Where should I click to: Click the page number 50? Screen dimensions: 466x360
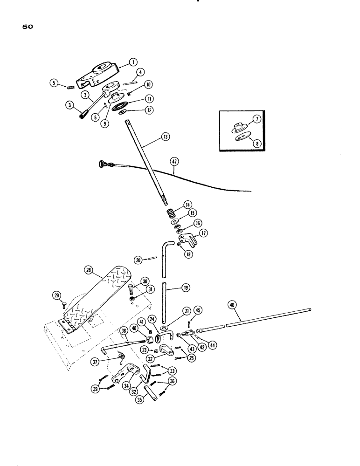coord(27,27)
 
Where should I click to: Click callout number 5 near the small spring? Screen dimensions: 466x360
coord(54,83)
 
